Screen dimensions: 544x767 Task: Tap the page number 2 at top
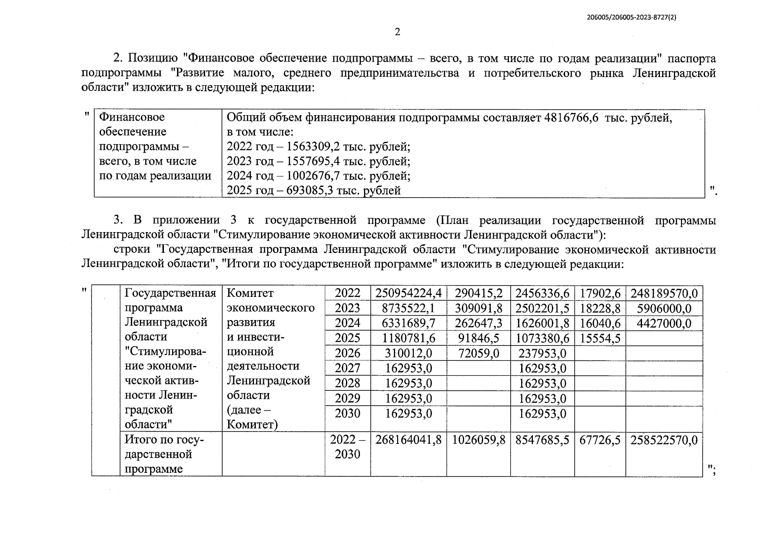point(398,32)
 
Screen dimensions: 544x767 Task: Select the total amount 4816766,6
point(571,118)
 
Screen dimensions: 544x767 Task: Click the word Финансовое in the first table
point(132,117)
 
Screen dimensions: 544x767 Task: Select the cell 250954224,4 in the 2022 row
point(408,293)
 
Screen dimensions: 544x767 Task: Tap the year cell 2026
point(347,353)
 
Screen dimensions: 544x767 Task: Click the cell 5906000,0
point(664,309)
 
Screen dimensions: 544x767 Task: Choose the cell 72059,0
point(479,353)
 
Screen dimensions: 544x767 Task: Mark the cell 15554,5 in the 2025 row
point(600,338)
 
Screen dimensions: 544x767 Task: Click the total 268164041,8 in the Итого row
point(408,440)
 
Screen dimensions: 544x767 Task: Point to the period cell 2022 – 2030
point(347,447)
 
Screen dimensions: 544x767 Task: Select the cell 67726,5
point(600,440)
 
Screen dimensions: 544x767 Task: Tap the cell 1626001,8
point(542,323)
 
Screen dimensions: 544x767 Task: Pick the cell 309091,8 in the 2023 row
point(479,309)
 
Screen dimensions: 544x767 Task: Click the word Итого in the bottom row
point(139,440)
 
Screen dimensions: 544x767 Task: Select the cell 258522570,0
point(664,440)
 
